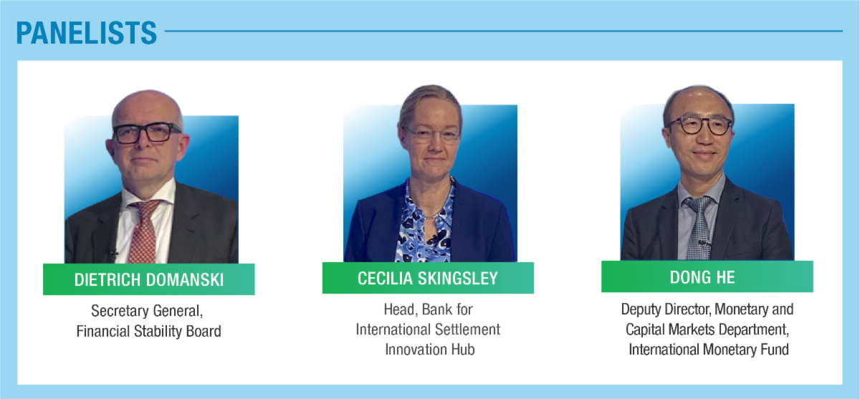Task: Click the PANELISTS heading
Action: point(86,32)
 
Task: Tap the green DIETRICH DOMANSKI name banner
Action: point(148,279)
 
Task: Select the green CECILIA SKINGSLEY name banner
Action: point(428,278)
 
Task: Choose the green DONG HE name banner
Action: point(707,277)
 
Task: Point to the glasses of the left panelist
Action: point(147,133)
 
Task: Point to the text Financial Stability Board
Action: point(148,331)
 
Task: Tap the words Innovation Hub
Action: point(428,350)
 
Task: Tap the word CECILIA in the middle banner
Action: point(388,278)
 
